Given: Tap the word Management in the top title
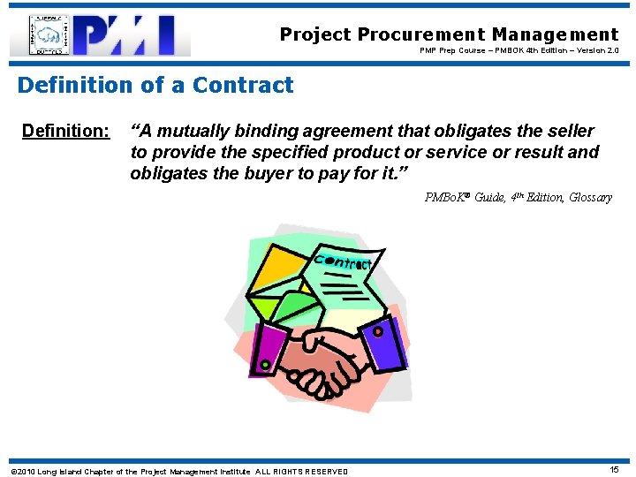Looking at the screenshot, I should [556, 34].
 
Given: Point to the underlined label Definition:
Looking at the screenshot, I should [65, 132].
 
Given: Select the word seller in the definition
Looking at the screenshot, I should [570, 132].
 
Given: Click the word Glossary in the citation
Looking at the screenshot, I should [590, 197].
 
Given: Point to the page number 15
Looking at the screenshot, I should [614, 470].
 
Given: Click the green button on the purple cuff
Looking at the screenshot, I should [264, 364].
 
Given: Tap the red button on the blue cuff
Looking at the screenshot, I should [378, 332].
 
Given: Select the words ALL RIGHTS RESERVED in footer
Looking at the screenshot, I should [301, 471].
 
